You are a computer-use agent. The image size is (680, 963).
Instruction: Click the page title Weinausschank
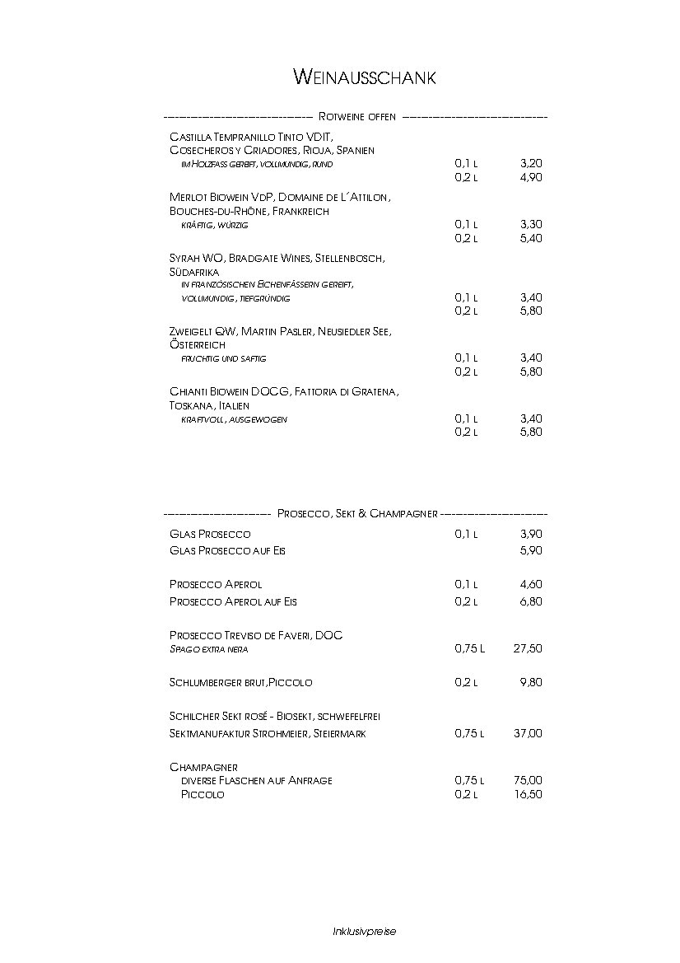[x=364, y=77]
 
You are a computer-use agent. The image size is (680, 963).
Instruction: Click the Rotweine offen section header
[x=356, y=117]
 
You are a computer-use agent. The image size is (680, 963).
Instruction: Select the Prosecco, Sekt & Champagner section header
[x=356, y=513]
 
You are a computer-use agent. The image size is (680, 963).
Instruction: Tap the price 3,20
[x=531, y=164]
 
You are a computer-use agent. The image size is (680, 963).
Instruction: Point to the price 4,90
[x=531, y=177]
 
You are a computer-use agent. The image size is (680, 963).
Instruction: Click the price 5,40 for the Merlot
[x=531, y=238]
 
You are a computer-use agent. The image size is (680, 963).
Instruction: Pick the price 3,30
[x=531, y=224]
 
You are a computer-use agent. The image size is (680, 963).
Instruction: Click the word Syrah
[x=184, y=258]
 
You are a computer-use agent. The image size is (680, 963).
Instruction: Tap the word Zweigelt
[x=191, y=331]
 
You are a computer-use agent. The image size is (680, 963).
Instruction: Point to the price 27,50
[x=528, y=648]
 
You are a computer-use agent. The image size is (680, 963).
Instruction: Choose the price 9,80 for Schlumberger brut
[x=531, y=682]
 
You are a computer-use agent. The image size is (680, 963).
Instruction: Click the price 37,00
[x=528, y=733]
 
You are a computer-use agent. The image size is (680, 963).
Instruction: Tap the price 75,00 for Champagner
[x=528, y=779]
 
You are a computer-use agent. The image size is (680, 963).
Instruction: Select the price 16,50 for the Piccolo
[x=528, y=794]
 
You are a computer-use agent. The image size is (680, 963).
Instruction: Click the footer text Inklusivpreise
[x=364, y=931]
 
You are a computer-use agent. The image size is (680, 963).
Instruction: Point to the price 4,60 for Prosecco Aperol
[x=531, y=584]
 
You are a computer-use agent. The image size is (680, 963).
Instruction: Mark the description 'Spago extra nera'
[x=208, y=649]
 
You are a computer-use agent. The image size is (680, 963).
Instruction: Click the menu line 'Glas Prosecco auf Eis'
[x=227, y=550]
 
